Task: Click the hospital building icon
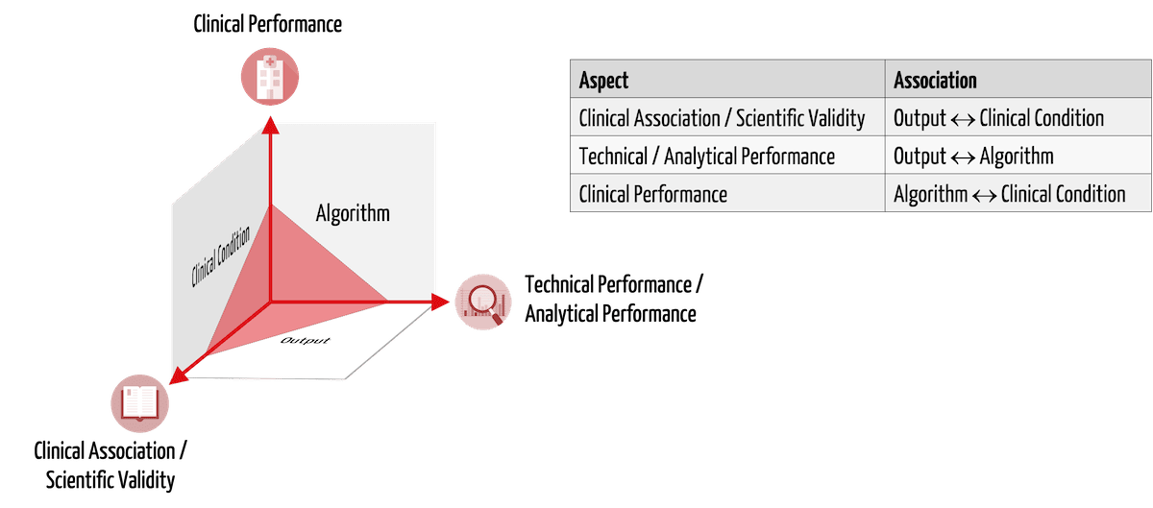click(270, 77)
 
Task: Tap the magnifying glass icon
click(482, 302)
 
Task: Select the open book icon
click(139, 403)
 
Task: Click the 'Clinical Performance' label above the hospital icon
click(268, 24)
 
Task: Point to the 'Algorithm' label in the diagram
click(353, 213)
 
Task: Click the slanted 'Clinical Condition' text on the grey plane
click(220, 255)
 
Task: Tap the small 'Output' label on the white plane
click(305, 341)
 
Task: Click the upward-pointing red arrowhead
click(270, 126)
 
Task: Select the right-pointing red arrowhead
click(440, 302)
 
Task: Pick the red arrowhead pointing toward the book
click(178, 376)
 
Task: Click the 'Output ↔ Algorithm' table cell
click(1018, 155)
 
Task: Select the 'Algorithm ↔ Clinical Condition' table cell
click(1018, 193)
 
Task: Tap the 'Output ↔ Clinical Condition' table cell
click(1018, 117)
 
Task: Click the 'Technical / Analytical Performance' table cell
click(727, 155)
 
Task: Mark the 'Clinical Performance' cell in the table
click(727, 193)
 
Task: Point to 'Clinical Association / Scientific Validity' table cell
click(727, 117)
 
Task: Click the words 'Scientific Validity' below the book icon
click(110, 480)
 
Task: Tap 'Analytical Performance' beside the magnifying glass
click(610, 313)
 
